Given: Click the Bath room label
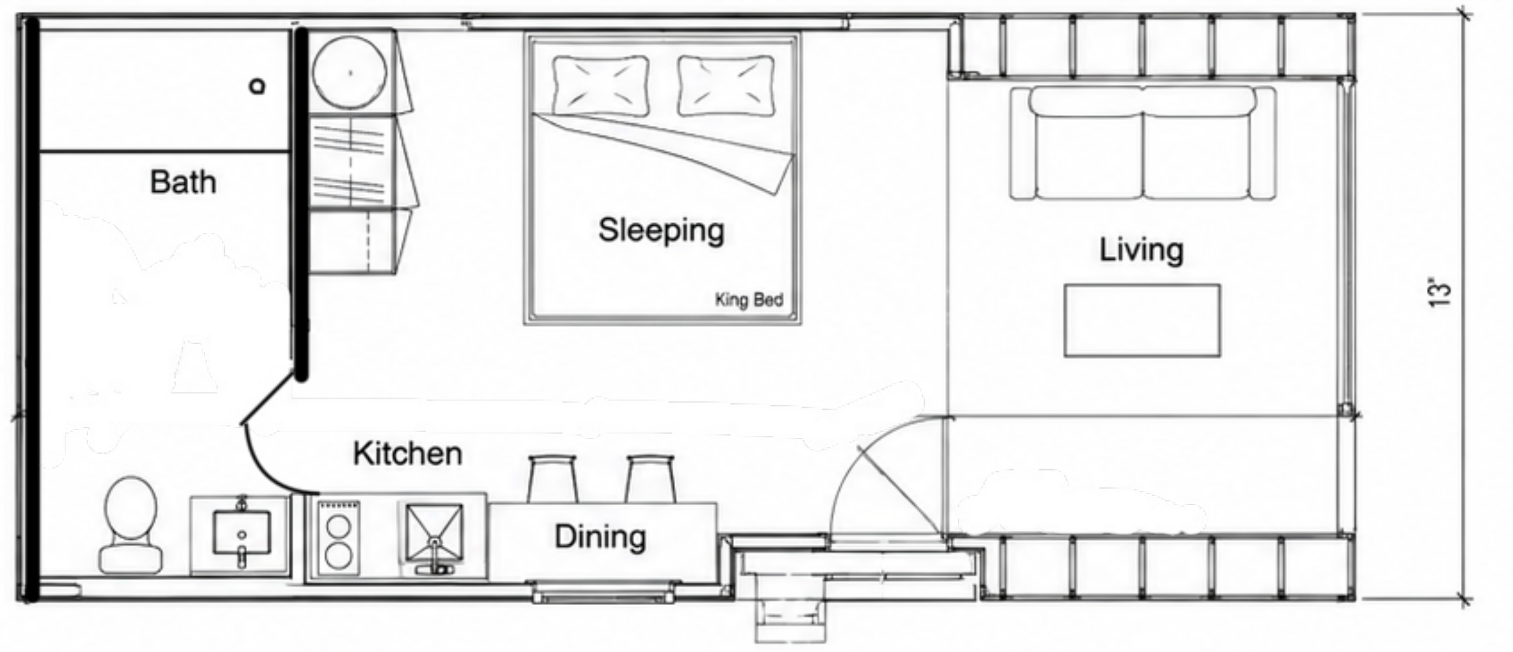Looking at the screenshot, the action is click(x=183, y=182).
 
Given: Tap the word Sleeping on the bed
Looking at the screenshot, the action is click(x=661, y=230).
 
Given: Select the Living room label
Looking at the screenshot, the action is click(x=1141, y=250).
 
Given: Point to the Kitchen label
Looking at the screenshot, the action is click(x=407, y=454).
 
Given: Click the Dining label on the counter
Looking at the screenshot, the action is click(x=600, y=537).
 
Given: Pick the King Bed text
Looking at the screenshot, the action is click(x=749, y=300).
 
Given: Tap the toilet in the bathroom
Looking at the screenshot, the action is click(x=131, y=524).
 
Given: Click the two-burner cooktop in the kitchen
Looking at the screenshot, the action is click(x=339, y=538).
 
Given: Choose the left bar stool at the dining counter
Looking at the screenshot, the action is click(x=552, y=479).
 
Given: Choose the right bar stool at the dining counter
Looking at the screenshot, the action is click(x=650, y=479).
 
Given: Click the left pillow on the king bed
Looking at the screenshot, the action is click(x=601, y=85).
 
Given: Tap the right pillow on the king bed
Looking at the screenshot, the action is click(x=726, y=85).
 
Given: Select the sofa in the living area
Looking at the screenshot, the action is click(x=1143, y=143).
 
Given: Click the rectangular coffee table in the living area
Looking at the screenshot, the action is click(x=1142, y=320).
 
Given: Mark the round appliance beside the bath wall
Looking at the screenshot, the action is click(x=350, y=72).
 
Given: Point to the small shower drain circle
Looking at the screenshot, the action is click(x=259, y=86).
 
